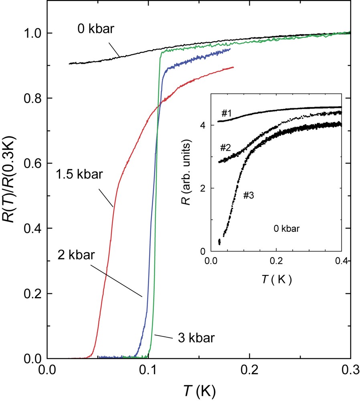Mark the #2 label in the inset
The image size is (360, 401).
[x=224, y=148]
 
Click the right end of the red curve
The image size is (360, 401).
[x=233, y=67]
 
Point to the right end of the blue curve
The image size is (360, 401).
[x=231, y=49]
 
